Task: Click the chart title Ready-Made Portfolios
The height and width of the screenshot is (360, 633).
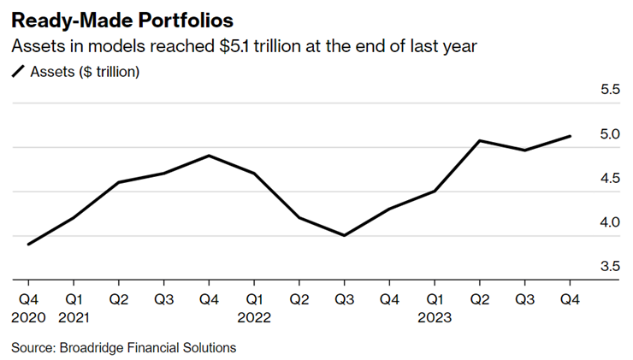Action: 121,19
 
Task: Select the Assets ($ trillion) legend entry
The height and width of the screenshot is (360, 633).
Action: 85,72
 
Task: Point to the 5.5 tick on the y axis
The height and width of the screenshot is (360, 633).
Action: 608,90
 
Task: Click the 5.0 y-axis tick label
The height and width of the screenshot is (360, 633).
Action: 608,134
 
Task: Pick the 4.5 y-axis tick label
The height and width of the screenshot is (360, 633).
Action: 608,178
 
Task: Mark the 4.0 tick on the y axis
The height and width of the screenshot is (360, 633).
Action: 608,222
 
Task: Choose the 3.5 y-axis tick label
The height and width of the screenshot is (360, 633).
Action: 608,266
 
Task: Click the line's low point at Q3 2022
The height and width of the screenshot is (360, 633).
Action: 345,235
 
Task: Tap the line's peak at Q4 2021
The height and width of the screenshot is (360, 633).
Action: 209,156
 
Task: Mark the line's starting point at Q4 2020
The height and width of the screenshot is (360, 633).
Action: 28,244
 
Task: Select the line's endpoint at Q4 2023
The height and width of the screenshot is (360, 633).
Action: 571,136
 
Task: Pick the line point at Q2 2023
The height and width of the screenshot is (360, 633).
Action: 480,140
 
